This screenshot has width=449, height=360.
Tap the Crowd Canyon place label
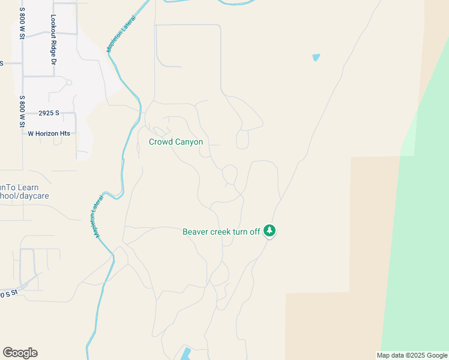176,142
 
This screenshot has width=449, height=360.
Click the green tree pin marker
270,231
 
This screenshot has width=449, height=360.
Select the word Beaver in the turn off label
197,232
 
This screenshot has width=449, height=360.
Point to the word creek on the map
224,232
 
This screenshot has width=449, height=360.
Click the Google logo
20,353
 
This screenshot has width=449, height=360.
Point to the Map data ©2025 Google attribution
411,355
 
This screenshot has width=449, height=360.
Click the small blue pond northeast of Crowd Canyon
316,58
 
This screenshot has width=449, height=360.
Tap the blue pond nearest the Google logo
185,353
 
